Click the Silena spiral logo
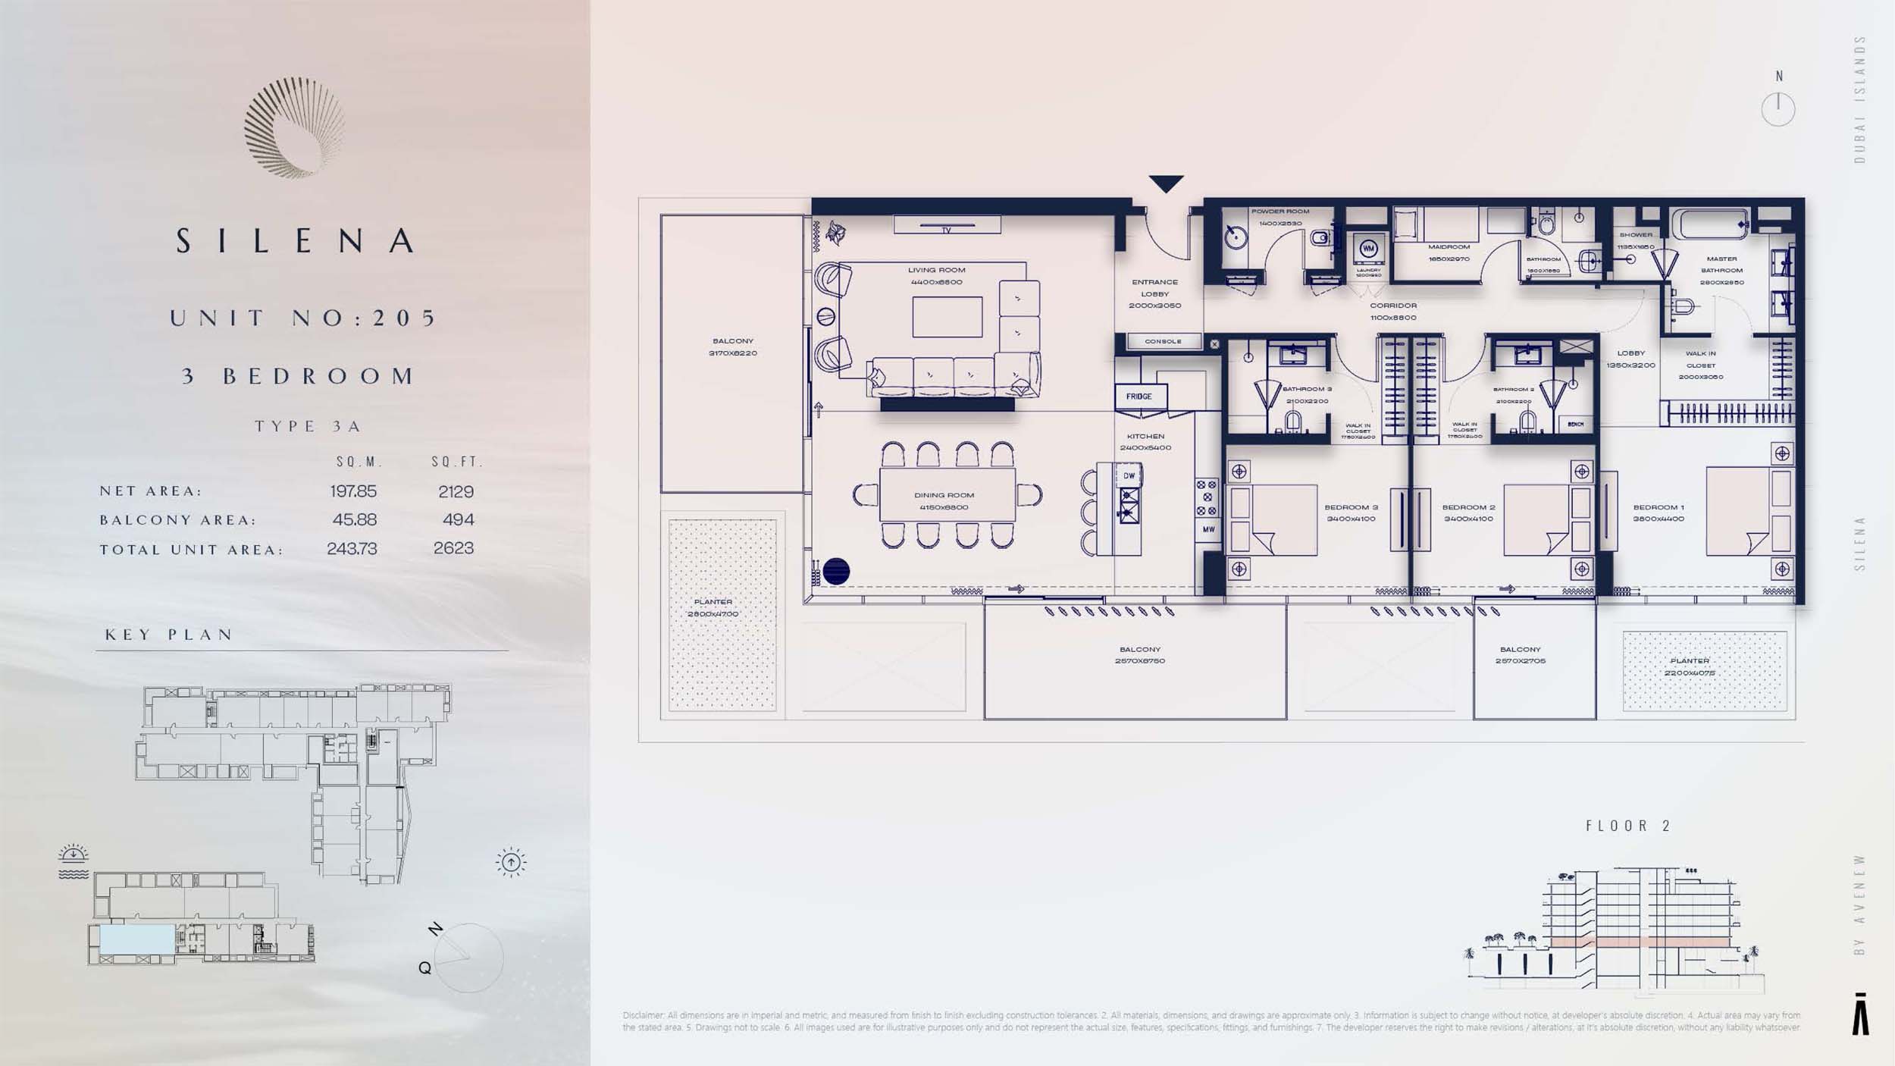click(295, 127)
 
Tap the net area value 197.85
click(353, 491)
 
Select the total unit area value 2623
click(453, 548)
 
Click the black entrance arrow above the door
click(1166, 183)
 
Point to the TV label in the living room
click(947, 229)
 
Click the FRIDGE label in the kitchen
click(1139, 397)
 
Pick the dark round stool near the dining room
click(836, 571)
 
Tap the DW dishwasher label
click(1129, 476)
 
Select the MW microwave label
click(1208, 529)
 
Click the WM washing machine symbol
click(1368, 249)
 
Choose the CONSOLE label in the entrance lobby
click(1163, 342)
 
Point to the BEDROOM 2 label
click(1468, 508)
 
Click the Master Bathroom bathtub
click(1710, 224)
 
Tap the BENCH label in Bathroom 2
click(1576, 425)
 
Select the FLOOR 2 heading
click(1627, 826)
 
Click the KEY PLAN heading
click(169, 635)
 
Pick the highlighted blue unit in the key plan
click(136, 939)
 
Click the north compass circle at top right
click(1778, 109)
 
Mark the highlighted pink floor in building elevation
click(1637, 942)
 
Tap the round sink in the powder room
click(1236, 238)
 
